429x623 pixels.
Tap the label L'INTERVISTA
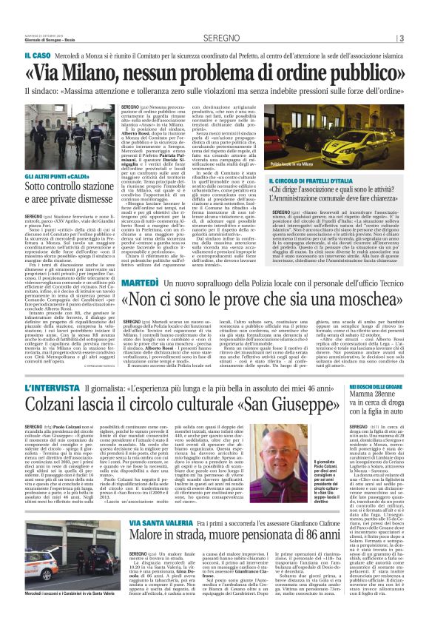pos(46,387)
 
